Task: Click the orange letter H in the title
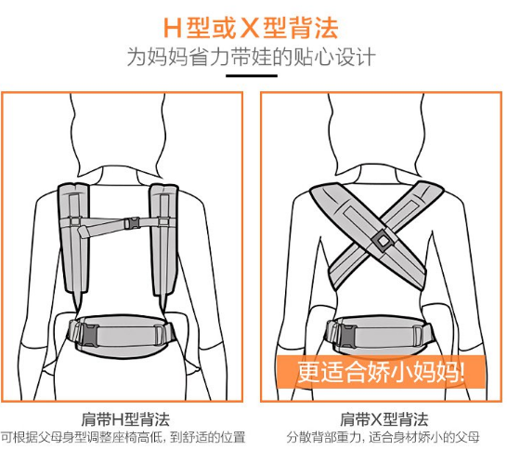pos(173,28)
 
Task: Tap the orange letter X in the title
pos(250,28)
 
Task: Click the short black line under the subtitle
pos(252,76)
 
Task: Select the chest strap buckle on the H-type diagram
pos(133,223)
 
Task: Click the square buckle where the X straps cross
pos(383,240)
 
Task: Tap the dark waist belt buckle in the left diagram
pos(87,335)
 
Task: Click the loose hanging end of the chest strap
pos(84,232)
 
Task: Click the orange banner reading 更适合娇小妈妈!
pos(381,371)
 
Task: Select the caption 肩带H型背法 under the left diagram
pos(125,419)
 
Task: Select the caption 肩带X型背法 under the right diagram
pos(384,419)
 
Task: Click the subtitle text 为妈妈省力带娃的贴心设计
pos(252,57)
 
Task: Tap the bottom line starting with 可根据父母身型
pos(123,437)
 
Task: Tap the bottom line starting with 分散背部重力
pos(383,437)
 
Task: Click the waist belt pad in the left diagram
pos(123,335)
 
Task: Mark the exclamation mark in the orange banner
pos(461,371)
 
